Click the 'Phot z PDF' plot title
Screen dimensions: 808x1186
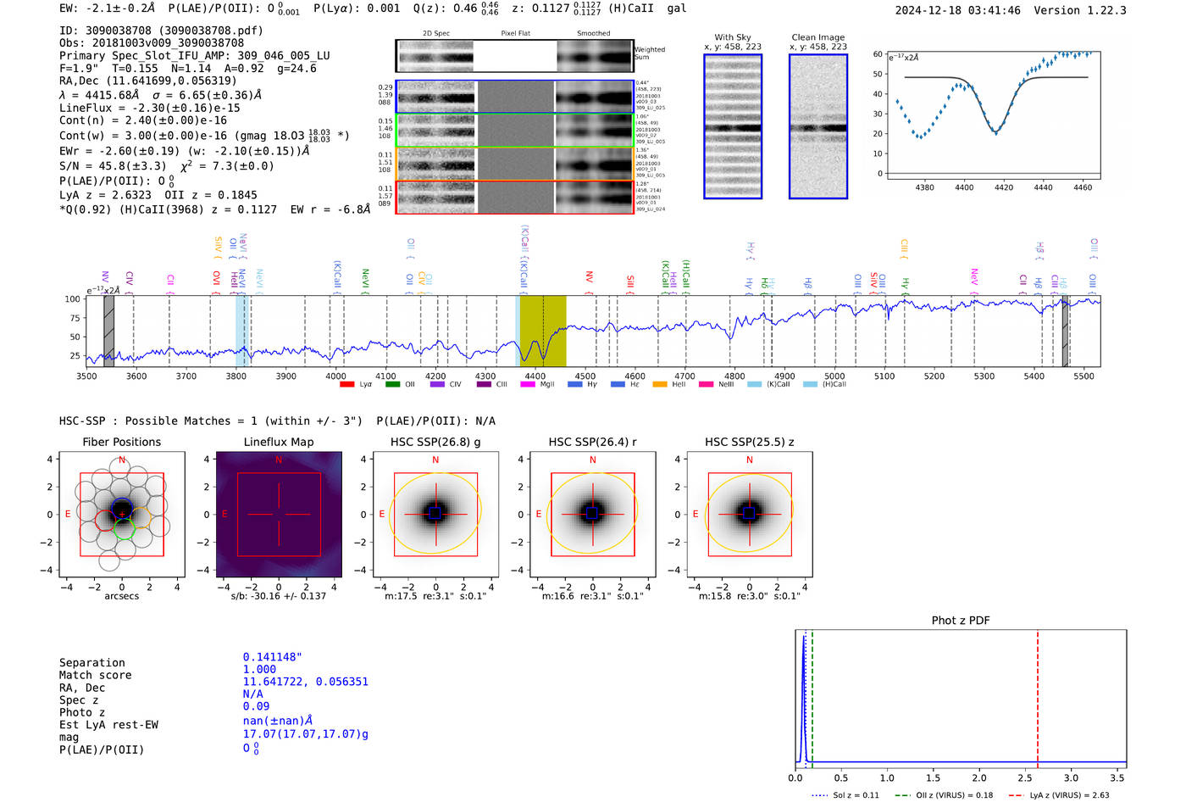pyautogui.click(x=961, y=621)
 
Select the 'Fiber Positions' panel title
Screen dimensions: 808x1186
pyautogui.click(x=121, y=442)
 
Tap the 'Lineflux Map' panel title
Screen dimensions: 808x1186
pyautogui.click(x=279, y=442)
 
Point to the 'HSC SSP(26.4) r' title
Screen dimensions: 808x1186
pyautogui.click(x=592, y=442)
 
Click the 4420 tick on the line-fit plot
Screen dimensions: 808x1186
pyautogui.click(x=1004, y=187)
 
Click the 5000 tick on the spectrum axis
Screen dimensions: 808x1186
pyautogui.click(x=834, y=376)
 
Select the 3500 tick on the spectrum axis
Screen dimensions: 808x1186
pyautogui.click(x=86, y=376)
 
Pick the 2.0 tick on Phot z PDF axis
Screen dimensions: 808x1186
pyautogui.click(x=978, y=777)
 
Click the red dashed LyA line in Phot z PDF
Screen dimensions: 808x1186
pyautogui.click(x=1037, y=695)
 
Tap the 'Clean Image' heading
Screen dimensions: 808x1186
pyautogui.click(x=817, y=37)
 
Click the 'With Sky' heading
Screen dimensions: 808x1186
pyautogui.click(x=733, y=37)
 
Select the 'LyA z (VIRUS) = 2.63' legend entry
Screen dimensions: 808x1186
pyautogui.click(x=1069, y=795)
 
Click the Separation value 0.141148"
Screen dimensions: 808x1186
pyautogui.click(x=272, y=657)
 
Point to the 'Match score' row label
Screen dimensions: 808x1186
pyautogui.click(x=95, y=675)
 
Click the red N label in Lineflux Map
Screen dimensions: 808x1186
pyautogui.click(x=279, y=460)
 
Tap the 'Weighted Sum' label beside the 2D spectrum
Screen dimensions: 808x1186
pyautogui.click(x=650, y=53)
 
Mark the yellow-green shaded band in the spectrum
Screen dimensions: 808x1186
pyautogui.click(x=542, y=331)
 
